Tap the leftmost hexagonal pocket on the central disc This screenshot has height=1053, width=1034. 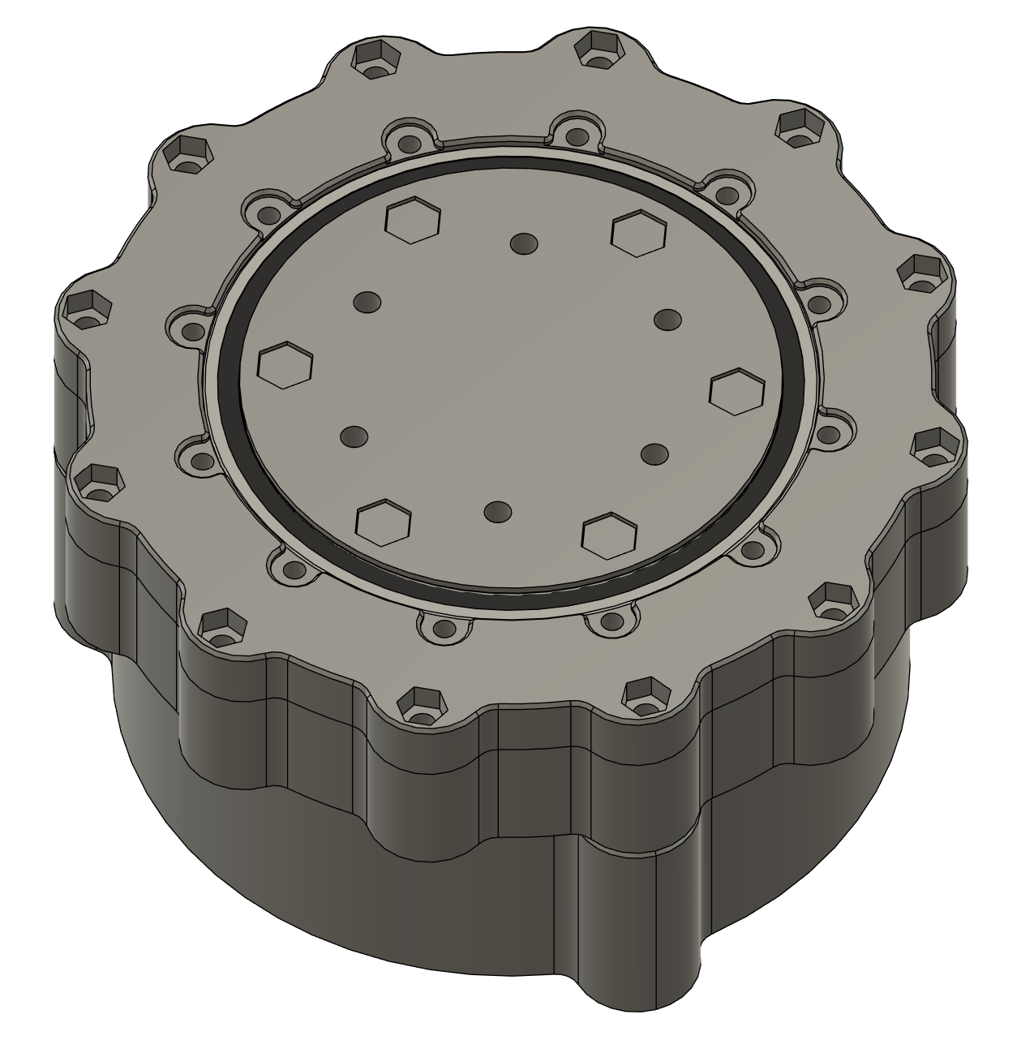click(x=285, y=363)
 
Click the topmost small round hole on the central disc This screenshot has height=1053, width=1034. click(x=525, y=243)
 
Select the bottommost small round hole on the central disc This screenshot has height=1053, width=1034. click(x=498, y=512)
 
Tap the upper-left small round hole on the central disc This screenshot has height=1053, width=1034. click(x=367, y=302)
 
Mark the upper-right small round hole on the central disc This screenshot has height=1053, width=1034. click(x=667, y=319)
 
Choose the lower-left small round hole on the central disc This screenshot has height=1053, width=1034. click(x=354, y=437)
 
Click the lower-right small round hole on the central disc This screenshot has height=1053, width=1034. click(x=654, y=453)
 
